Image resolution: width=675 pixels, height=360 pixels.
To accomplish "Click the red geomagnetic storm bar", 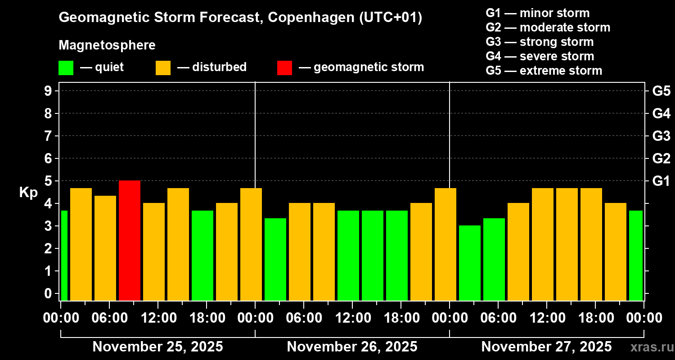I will coord(130,240).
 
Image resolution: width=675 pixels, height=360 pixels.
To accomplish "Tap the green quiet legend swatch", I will coord(66,67).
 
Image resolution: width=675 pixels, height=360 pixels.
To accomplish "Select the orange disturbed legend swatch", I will coord(163,67).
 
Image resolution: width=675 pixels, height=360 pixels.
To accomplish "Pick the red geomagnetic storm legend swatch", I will coord(284,67).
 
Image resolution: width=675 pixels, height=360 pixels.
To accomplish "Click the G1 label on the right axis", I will coord(661,181).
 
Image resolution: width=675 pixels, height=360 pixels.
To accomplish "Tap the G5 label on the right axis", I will coord(661,91).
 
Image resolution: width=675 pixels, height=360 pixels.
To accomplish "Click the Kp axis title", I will coord(28,193).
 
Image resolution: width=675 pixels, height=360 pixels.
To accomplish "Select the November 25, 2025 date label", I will coord(157,346).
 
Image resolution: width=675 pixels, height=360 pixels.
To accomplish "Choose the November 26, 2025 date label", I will coord(352,346).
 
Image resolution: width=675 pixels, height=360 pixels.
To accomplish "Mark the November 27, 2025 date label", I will coord(546,346).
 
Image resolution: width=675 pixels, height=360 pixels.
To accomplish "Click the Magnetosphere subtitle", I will coord(107,45).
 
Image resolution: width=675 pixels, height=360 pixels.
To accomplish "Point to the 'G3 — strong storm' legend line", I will coord(540,42).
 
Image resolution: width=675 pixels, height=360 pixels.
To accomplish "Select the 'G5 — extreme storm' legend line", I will coord(544,71).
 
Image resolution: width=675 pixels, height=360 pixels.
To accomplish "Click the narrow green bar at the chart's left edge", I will coord(64,255).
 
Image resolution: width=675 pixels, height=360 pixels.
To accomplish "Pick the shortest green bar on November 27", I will coord(470,263).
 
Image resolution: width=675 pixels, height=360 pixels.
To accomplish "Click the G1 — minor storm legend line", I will coord(537,13).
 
